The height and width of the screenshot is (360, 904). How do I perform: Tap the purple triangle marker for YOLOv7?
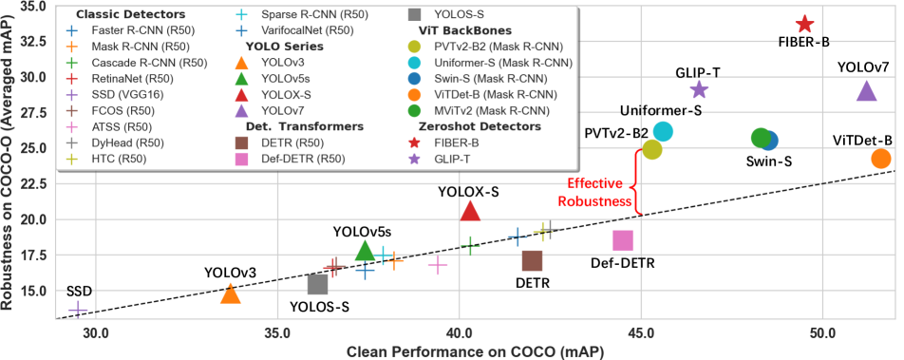click(x=866, y=91)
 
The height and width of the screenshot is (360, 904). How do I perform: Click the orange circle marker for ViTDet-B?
click(x=881, y=159)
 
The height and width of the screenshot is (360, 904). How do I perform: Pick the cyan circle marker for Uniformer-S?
click(x=663, y=132)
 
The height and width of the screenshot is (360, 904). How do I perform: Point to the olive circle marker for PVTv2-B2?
click(x=651, y=149)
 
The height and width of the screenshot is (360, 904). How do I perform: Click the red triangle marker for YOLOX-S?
click(x=470, y=211)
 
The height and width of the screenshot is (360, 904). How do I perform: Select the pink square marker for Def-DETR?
click(x=623, y=241)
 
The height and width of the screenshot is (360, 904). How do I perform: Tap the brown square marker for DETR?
click(x=532, y=259)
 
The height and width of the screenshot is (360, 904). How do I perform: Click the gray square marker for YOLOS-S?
click(x=318, y=283)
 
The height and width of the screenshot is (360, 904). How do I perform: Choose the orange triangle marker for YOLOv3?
click(x=230, y=294)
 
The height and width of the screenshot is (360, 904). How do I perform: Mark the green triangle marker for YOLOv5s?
click(x=365, y=251)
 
